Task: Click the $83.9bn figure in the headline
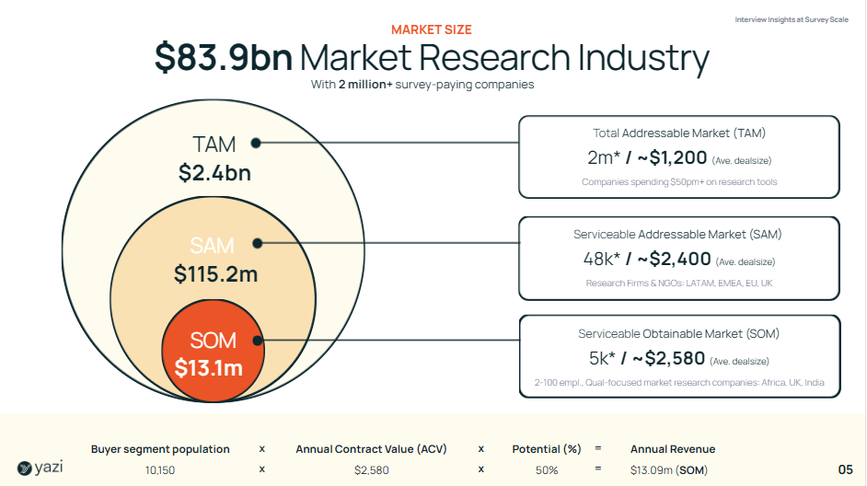pos(224,58)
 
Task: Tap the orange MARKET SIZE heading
pos(432,29)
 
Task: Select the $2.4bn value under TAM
pos(214,173)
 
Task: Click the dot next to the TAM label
pos(256,143)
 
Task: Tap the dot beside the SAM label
pos(258,244)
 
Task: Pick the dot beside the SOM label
pos(258,341)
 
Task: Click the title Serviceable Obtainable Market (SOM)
pos(678,333)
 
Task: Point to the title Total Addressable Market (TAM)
pos(679,133)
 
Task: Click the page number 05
pos(846,469)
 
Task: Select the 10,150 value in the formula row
pos(160,470)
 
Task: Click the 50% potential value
pos(547,470)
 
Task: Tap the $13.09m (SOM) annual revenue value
pos(668,470)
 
